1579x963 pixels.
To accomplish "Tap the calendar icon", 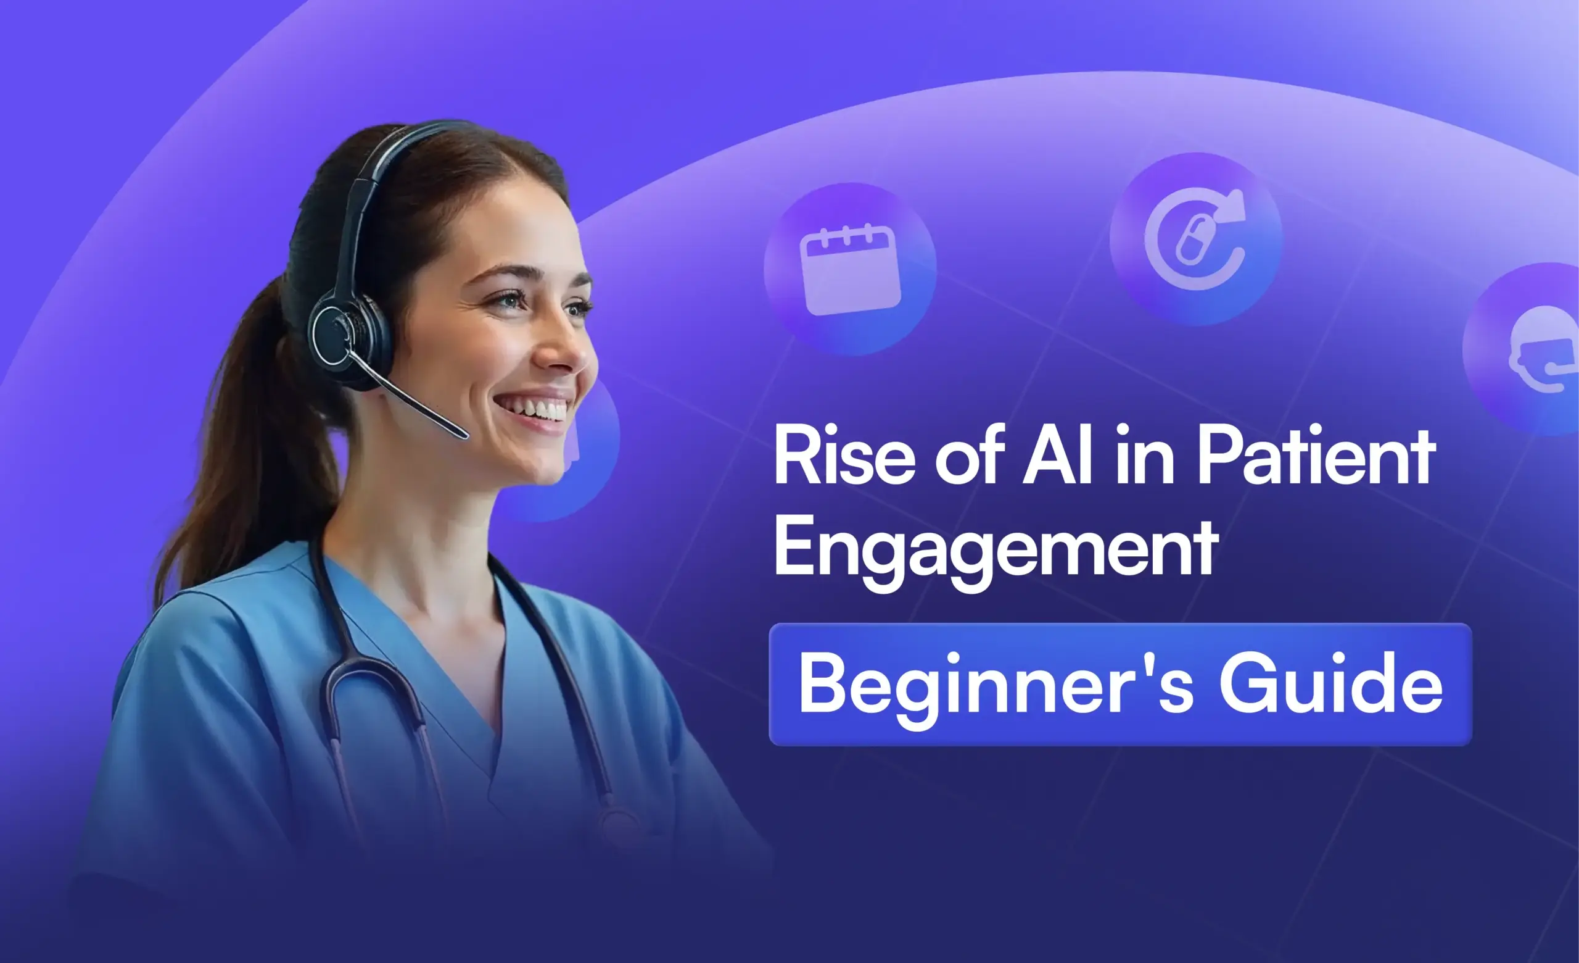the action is click(x=850, y=269).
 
